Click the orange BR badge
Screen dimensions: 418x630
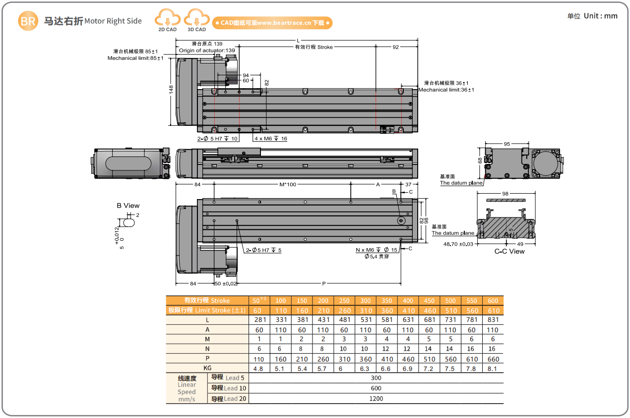coord(27,21)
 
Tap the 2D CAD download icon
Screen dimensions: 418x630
coord(167,20)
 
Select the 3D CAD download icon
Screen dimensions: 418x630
coord(196,20)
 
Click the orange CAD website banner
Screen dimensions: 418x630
coord(272,23)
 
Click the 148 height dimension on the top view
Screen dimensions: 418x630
coord(171,90)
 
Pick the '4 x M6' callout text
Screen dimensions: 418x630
coord(270,139)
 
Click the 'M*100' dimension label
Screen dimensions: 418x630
coord(288,184)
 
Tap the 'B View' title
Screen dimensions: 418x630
coord(128,206)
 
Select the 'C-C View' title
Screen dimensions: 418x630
coord(509,251)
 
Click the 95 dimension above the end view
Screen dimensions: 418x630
coord(506,144)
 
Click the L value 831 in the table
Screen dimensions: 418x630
coord(493,320)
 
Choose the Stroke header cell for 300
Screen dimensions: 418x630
coord(366,301)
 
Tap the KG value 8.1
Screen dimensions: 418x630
coord(493,368)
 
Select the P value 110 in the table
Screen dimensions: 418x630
coord(259,359)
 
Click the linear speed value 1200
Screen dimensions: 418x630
coord(376,398)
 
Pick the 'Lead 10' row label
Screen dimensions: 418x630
coord(229,388)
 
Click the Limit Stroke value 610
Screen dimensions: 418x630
coord(493,311)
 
